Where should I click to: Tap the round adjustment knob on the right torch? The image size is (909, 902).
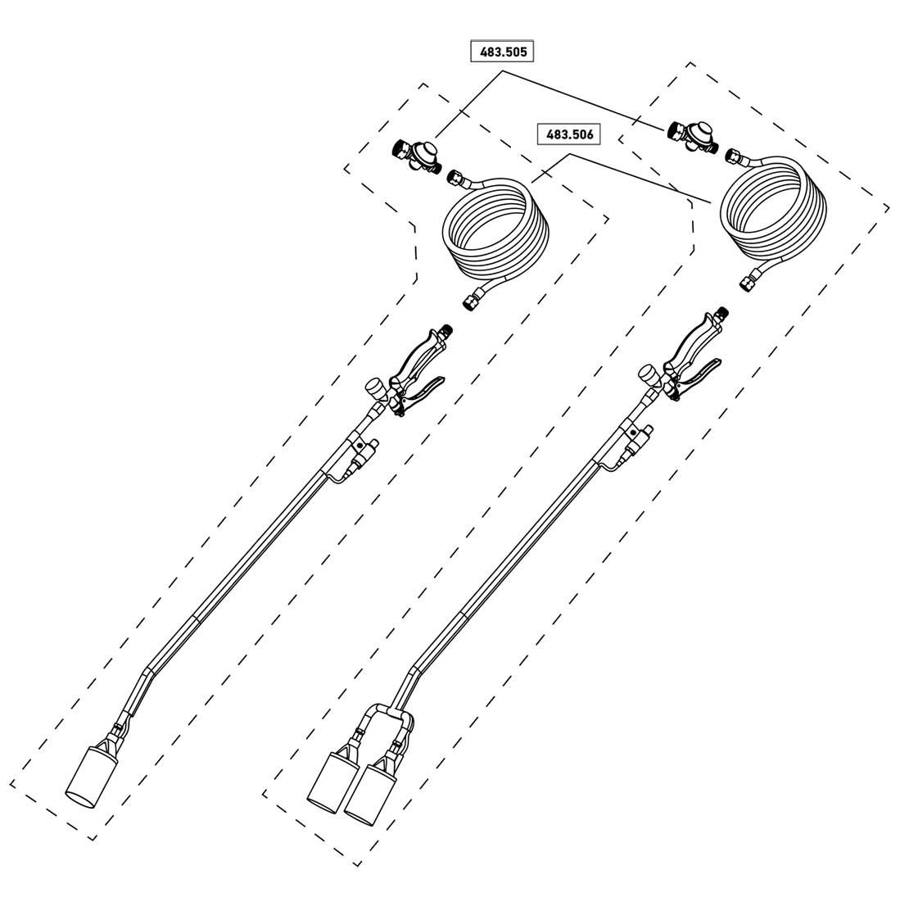click(x=649, y=374)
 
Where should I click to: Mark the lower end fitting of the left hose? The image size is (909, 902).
click(x=472, y=300)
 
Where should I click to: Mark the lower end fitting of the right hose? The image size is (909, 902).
click(x=747, y=281)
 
